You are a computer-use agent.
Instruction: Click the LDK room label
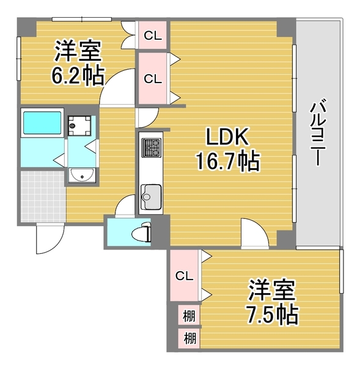pos(227,136)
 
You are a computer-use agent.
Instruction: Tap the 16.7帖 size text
pos(227,161)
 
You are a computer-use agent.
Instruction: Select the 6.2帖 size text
pos(77,75)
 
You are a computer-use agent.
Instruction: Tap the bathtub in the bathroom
pos(42,123)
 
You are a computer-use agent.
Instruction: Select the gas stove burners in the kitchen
pos(152,147)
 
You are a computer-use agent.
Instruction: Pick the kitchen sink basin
pos(151,196)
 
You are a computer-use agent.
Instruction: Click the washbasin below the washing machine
pos(82,175)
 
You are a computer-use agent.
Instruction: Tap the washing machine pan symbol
pos(79,125)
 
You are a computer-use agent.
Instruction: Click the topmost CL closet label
pos(153,36)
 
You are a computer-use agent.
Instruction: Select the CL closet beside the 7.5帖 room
pos(185,276)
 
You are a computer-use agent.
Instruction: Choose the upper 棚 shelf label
pos(189,316)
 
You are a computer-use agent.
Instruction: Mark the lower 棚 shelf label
pos(189,338)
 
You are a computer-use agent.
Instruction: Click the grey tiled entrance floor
pos(43,196)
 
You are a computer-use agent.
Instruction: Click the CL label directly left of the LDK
pos(153,79)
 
